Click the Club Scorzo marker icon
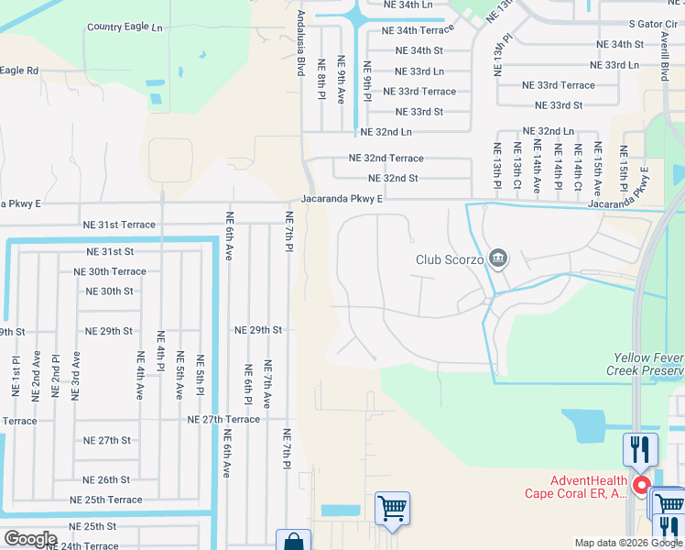[498, 259]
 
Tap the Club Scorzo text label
[449, 259]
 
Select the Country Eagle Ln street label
[124, 27]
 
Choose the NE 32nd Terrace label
[386, 159]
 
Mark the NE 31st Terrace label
[119, 225]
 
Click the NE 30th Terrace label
[110, 271]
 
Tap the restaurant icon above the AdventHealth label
[639, 449]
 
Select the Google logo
[29, 539]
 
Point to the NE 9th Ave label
[342, 80]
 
